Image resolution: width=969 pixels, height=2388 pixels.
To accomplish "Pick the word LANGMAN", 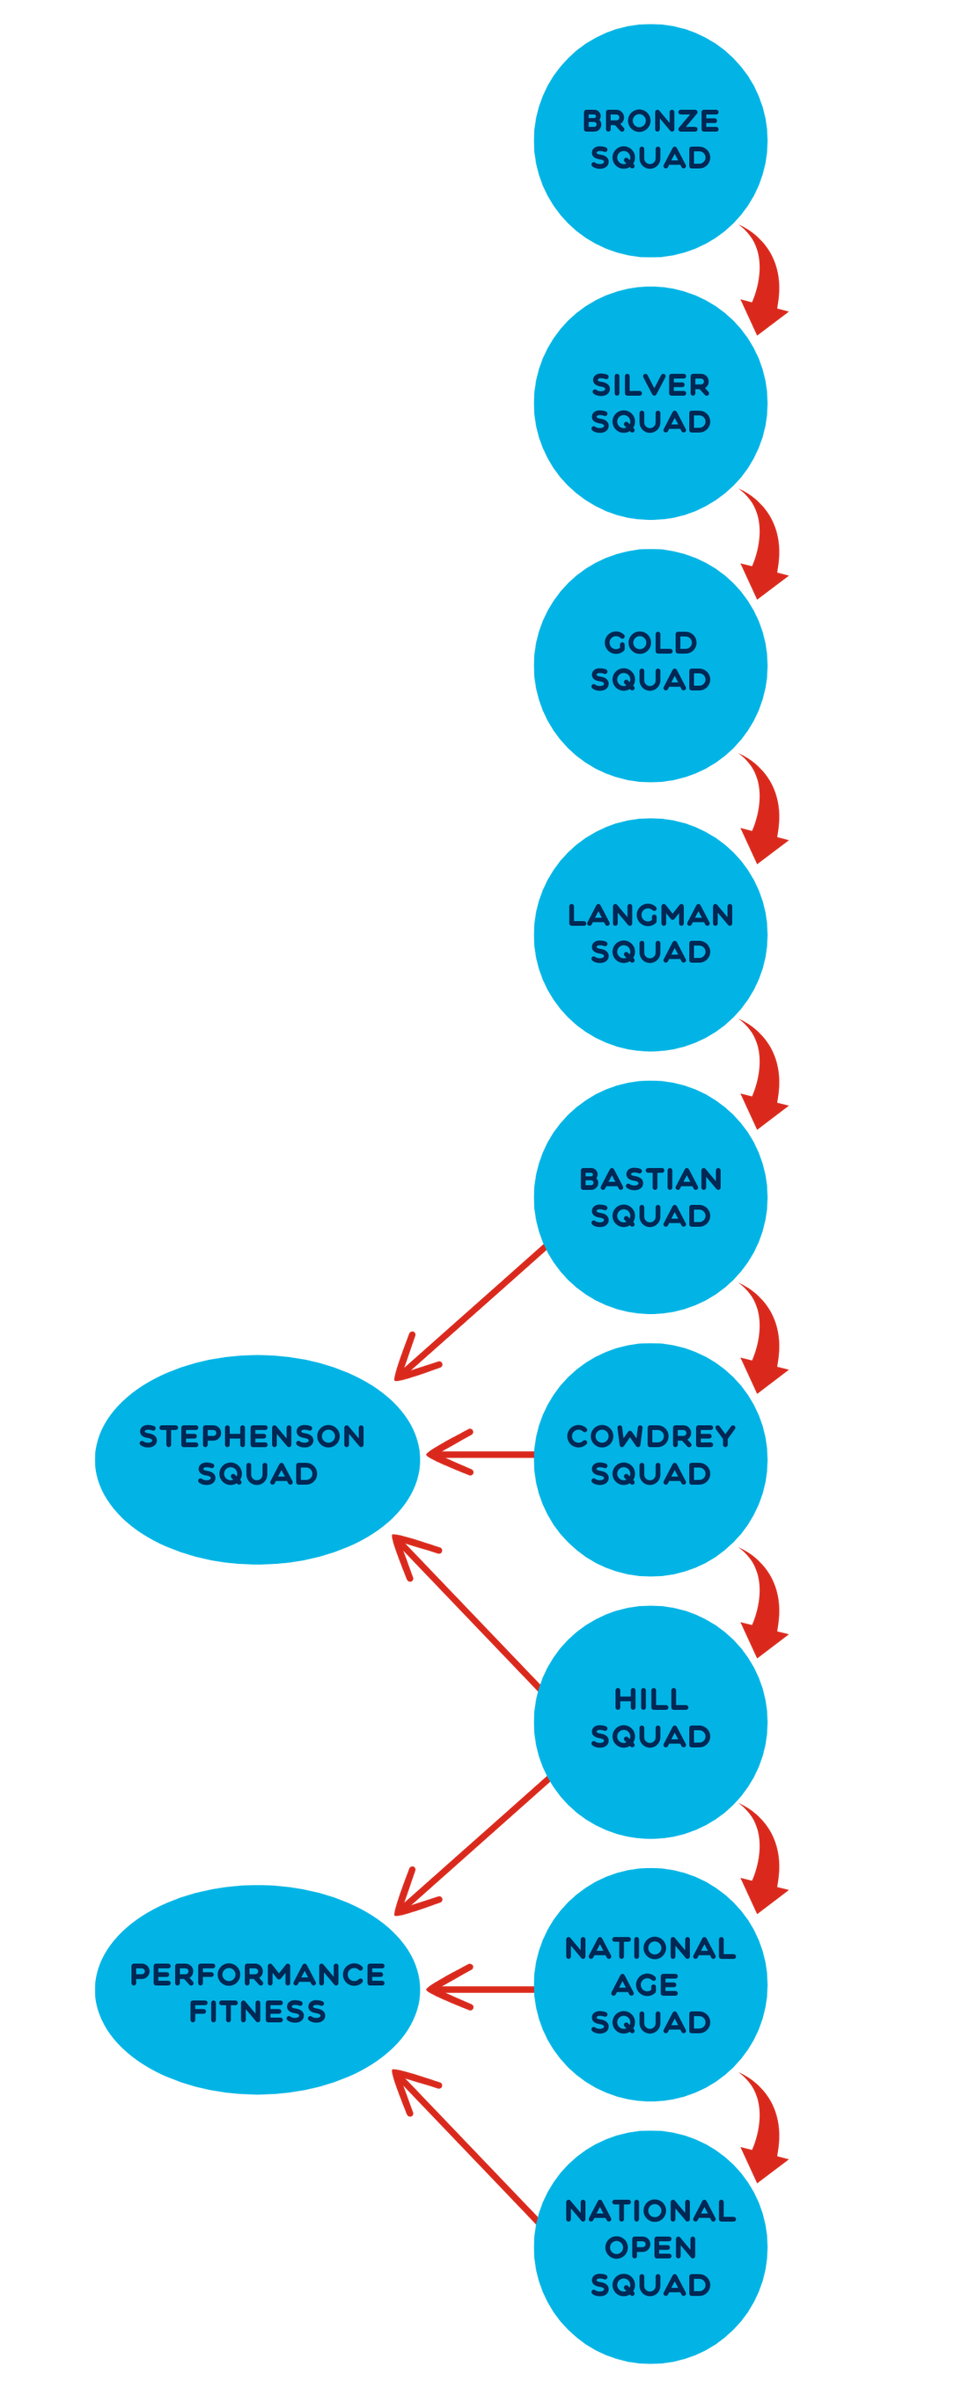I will coord(650,915).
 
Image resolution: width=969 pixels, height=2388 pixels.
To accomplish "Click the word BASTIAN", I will coord(650,1179).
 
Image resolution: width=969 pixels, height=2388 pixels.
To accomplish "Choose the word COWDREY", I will coord(650,1436).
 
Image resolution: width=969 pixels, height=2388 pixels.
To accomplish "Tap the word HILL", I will coord(650,1699).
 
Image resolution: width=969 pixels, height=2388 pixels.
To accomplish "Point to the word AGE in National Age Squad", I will coord(645,1985).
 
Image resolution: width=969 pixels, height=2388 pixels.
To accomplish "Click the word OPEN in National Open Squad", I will coord(650,2247).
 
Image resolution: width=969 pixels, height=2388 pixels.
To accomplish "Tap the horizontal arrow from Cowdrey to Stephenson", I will coord(478,1455).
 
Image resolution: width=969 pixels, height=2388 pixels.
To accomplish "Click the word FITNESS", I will coord(257,2011).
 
